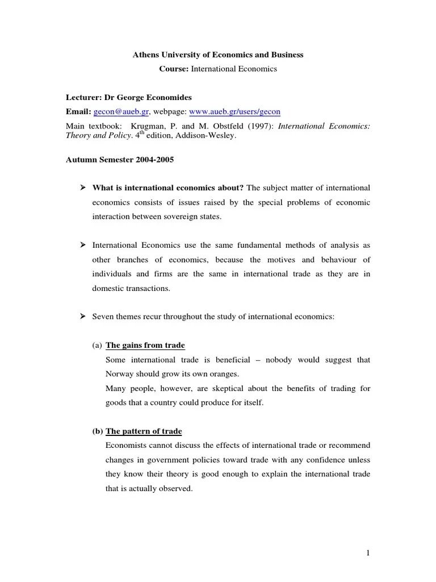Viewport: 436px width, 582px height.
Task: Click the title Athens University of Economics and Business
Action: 218,55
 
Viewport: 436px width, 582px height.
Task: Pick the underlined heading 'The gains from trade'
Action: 145,345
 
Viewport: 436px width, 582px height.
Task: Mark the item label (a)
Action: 97,345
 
